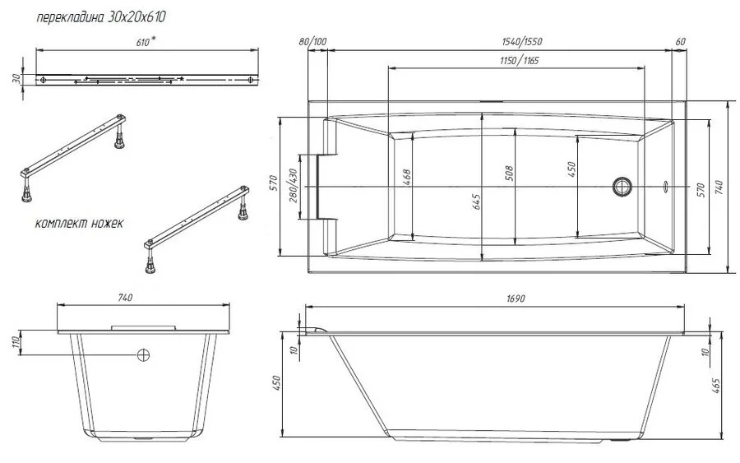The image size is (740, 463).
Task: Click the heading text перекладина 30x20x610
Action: point(105,16)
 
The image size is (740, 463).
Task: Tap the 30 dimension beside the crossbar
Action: point(16,79)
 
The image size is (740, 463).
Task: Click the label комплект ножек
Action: point(80,224)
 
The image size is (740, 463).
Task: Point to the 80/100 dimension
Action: point(313,41)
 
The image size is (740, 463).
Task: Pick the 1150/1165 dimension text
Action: point(520,61)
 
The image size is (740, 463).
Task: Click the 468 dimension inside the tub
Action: point(406,176)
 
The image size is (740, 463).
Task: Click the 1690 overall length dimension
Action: point(516,299)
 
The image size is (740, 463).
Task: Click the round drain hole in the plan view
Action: point(621,186)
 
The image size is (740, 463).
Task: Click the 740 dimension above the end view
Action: point(125,298)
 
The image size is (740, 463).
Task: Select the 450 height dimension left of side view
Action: point(277,383)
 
